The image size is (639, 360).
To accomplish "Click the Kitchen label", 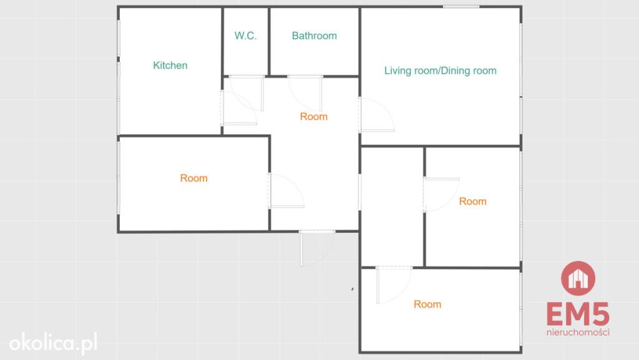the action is point(170,65).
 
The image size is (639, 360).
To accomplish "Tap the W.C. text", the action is point(245,36).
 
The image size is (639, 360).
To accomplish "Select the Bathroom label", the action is point(315,36).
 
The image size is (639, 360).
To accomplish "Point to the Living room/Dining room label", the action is point(440,71).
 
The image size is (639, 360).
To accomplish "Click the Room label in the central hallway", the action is point(313,117).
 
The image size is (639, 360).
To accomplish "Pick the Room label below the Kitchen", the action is point(193,178).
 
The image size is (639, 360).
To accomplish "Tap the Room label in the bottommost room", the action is point(427,304).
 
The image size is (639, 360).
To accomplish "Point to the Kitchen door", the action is point(239,107).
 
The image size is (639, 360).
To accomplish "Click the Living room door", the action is point(377,115).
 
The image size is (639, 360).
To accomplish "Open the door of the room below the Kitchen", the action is point(286,191).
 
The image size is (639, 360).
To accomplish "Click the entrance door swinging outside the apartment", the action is point(317,248).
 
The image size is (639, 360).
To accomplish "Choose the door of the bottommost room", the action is point(394,285).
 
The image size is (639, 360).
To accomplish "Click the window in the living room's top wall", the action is point(461,6).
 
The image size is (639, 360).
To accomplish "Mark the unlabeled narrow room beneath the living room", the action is point(392,207).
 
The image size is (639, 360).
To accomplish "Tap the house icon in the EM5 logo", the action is point(578,278).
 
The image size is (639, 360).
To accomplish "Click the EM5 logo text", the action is point(578,314).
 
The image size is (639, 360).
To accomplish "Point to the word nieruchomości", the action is point(578,333).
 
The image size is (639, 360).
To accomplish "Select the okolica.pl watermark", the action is point(54,343).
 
